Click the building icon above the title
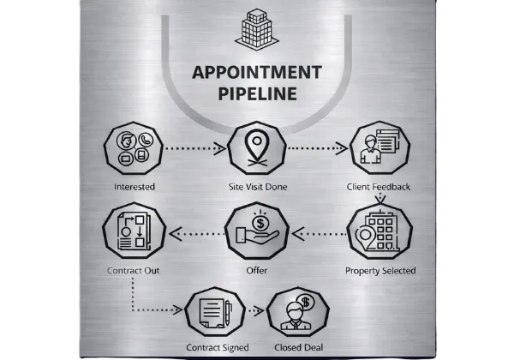point(257,28)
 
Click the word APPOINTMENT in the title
point(258,71)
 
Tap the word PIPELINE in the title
point(257,93)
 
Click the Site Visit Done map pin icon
point(257,147)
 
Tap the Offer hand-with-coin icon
point(256,232)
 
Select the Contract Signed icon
point(216,313)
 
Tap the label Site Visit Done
point(257,186)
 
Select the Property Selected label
point(380,271)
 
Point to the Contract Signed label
point(218,347)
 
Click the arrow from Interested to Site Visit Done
point(194,148)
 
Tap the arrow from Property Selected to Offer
point(318,232)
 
